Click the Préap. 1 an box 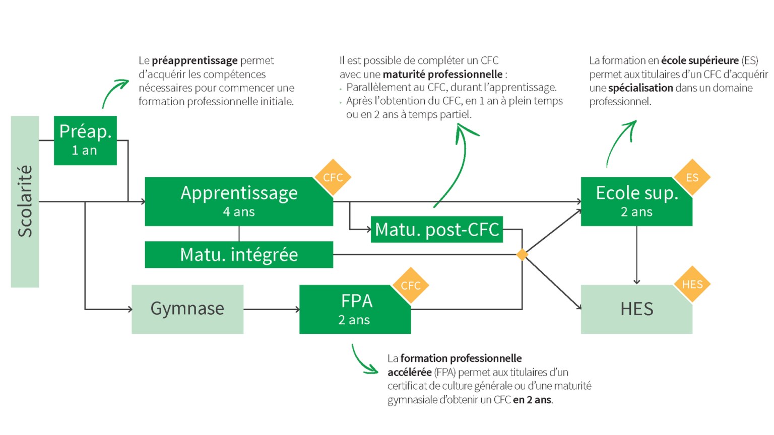coord(85,140)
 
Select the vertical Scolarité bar coord(25,201)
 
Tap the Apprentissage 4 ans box coord(238,201)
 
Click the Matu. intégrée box coord(238,255)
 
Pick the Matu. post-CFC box coord(436,230)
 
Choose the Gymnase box coord(187,309)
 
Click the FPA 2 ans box coord(355,309)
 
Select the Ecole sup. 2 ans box coord(636,201)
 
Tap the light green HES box coord(636,309)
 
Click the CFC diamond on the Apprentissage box coord(333,177)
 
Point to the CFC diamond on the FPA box coord(411,285)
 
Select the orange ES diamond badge coord(692,177)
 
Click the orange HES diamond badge coord(692,284)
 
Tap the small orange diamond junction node coord(522,255)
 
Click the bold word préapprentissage coord(195,60)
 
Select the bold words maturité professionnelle coord(442,74)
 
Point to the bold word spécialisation coord(640,88)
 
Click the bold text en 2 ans coord(532,400)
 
